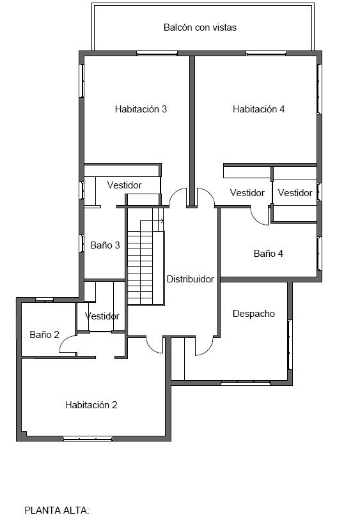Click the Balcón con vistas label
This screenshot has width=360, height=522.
[x=200, y=27]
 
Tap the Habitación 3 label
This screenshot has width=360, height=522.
[x=141, y=109]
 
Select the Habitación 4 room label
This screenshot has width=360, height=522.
[x=258, y=109]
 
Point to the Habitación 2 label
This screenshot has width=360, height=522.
[x=91, y=405]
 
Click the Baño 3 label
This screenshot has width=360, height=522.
[x=105, y=245]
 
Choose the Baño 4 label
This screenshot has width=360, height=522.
[x=268, y=254]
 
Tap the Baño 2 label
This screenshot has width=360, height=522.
[x=44, y=335]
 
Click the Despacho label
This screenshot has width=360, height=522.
[x=253, y=314]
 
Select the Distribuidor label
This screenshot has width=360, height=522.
[x=190, y=279]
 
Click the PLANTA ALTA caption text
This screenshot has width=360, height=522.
[x=57, y=510]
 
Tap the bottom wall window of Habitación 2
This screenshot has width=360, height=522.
[x=88, y=438]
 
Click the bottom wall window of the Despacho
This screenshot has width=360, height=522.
[x=245, y=383]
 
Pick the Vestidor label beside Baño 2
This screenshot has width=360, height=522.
[x=102, y=316]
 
